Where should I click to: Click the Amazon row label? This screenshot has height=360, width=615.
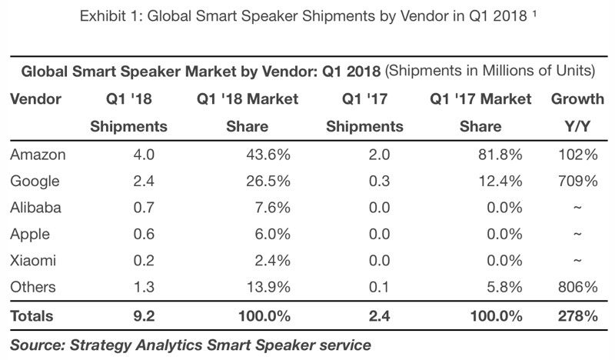click(x=38, y=155)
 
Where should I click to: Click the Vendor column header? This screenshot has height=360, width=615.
click(x=35, y=98)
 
